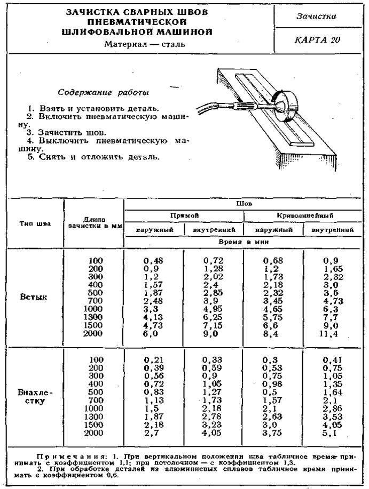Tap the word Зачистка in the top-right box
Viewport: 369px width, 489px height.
[319, 16]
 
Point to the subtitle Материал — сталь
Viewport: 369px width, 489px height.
[145, 44]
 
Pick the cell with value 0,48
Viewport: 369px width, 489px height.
[154, 260]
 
